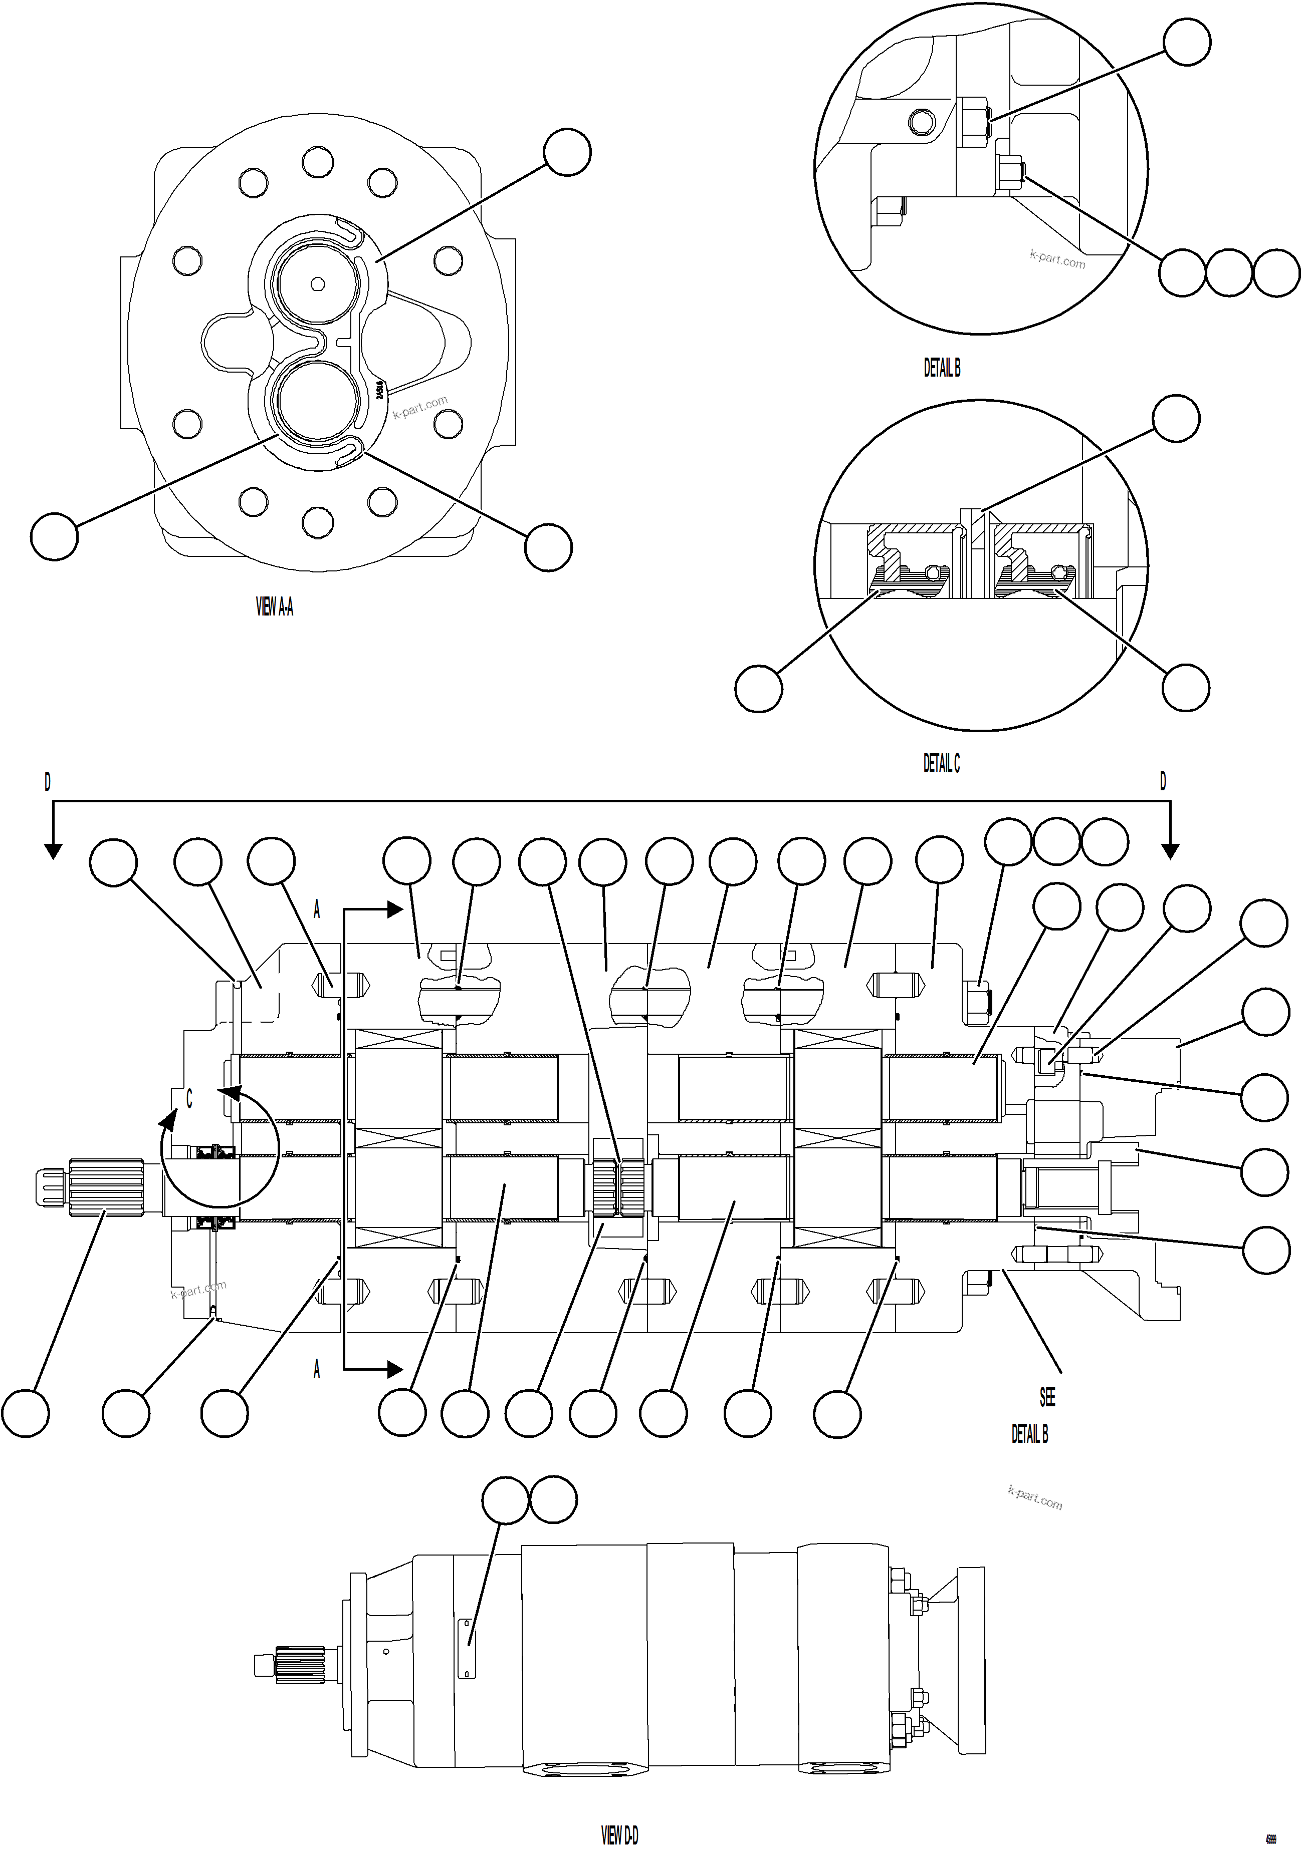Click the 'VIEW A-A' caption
point(274,606)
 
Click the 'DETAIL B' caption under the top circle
point(941,368)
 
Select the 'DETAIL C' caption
point(941,763)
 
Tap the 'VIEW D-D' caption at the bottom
point(619,1834)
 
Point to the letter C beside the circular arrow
point(189,1099)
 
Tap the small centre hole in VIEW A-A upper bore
point(317,283)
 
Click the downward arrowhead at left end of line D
point(52,851)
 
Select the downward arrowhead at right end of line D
point(1171,851)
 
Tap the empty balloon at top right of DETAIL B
point(1187,42)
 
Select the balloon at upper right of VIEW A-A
point(567,151)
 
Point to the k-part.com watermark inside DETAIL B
point(1057,259)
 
